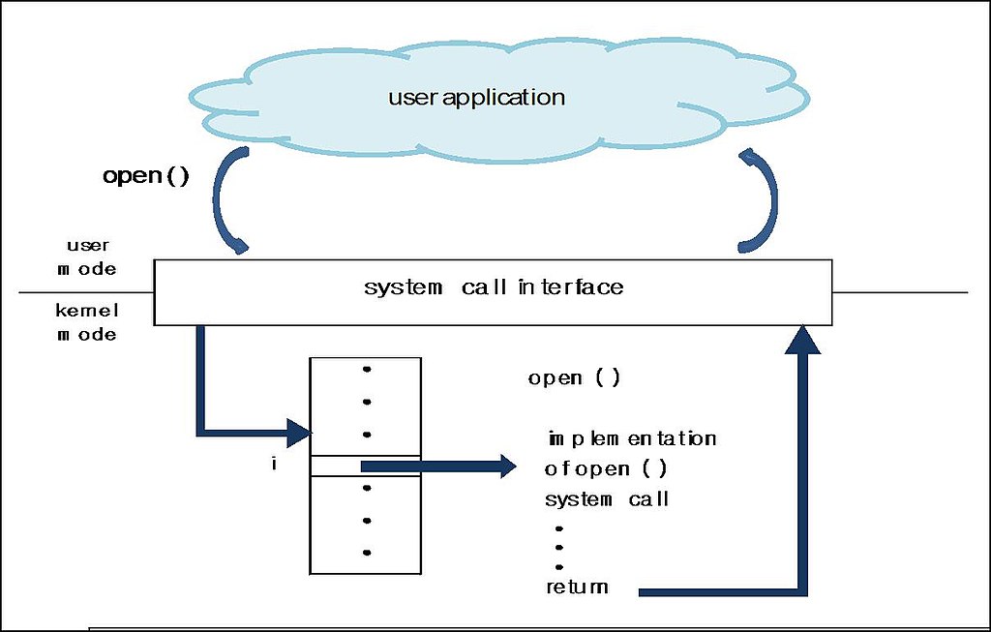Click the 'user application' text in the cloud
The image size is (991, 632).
point(476,98)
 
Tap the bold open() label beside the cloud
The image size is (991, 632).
point(146,177)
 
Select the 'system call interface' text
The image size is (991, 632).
point(494,287)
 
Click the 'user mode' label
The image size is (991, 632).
point(87,257)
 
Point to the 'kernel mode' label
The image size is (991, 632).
point(87,322)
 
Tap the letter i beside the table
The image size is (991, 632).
point(274,466)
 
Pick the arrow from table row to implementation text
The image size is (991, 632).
point(440,467)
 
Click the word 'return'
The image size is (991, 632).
point(577,587)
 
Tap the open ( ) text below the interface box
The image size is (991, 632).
point(574,378)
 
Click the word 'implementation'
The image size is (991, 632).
point(632,438)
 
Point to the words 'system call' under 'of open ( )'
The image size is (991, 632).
point(607,499)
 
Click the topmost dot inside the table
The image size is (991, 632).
point(366,369)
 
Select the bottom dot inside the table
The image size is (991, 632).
point(366,553)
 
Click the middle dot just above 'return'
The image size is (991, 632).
point(559,547)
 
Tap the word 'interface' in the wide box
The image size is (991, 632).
point(570,287)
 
